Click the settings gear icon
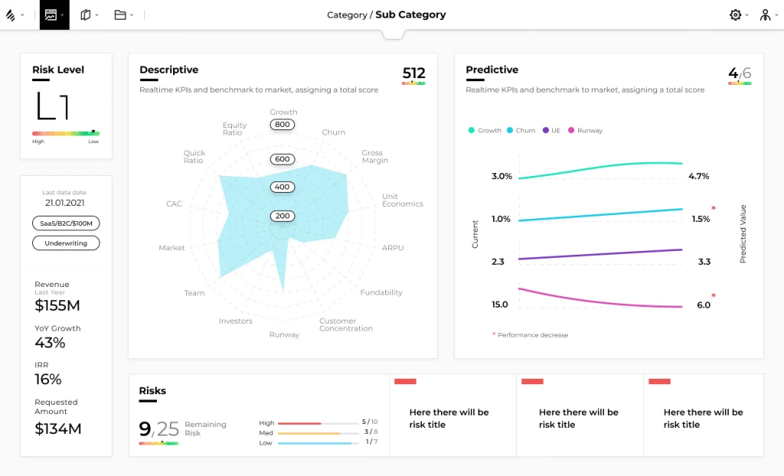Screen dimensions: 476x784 (x=736, y=15)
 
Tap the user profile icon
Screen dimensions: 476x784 (x=765, y=15)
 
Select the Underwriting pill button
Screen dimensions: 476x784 (x=66, y=243)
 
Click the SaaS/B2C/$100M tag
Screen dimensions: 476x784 (x=66, y=223)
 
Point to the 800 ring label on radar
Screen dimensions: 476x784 (x=283, y=125)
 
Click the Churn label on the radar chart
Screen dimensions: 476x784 (x=334, y=132)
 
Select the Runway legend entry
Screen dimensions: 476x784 (x=590, y=131)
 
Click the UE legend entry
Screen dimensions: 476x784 (x=556, y=131)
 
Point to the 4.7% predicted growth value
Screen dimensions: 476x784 (x=698, y=176)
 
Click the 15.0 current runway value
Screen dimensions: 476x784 (x=500, y=305)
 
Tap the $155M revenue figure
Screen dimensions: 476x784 (x=57, y=305)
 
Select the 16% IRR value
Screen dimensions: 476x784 (x=48, y=379)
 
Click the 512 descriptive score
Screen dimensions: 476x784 (x=413, y=73)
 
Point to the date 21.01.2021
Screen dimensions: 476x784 (x=64, y=204)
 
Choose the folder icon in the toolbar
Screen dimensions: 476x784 (x=120, y=15)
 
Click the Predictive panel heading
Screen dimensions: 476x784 (x=492, y=70)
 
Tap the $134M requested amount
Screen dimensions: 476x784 (x=58, y=429)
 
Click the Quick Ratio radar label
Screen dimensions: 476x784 (x=194, y=157)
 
